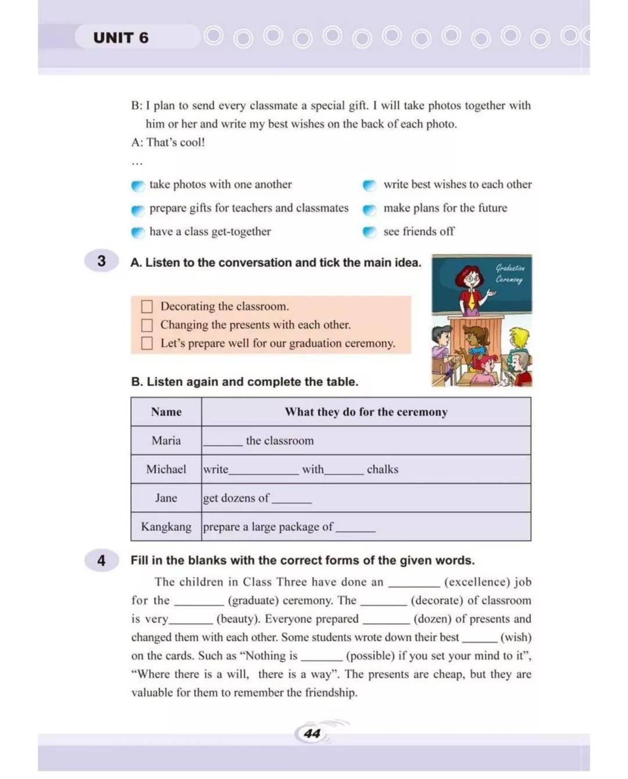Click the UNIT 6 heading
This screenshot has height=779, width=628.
[121, 38]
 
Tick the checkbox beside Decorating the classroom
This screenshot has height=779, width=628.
[147, 306]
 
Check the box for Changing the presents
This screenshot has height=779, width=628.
[147, 325]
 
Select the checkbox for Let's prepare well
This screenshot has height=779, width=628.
[147, 344]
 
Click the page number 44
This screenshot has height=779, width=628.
[312, 734]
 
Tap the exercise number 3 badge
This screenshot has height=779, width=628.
[102, 261]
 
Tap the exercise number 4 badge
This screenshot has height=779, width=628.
[102, 560]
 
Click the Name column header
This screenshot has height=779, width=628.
[166, 412]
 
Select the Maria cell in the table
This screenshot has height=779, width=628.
[166, 441]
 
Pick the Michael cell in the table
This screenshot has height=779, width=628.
[166, 469]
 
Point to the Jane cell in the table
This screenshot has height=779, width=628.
[166, 498]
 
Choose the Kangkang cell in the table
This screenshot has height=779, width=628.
[166, 527]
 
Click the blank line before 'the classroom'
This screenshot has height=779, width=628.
[223, 443]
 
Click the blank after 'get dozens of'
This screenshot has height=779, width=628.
[292, 501]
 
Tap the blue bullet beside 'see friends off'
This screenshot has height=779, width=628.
[370, 232]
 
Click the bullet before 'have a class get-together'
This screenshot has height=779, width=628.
[138, 233]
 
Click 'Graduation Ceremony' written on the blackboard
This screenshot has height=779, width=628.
[509, 274]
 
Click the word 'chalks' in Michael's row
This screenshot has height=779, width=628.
[383, 470]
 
